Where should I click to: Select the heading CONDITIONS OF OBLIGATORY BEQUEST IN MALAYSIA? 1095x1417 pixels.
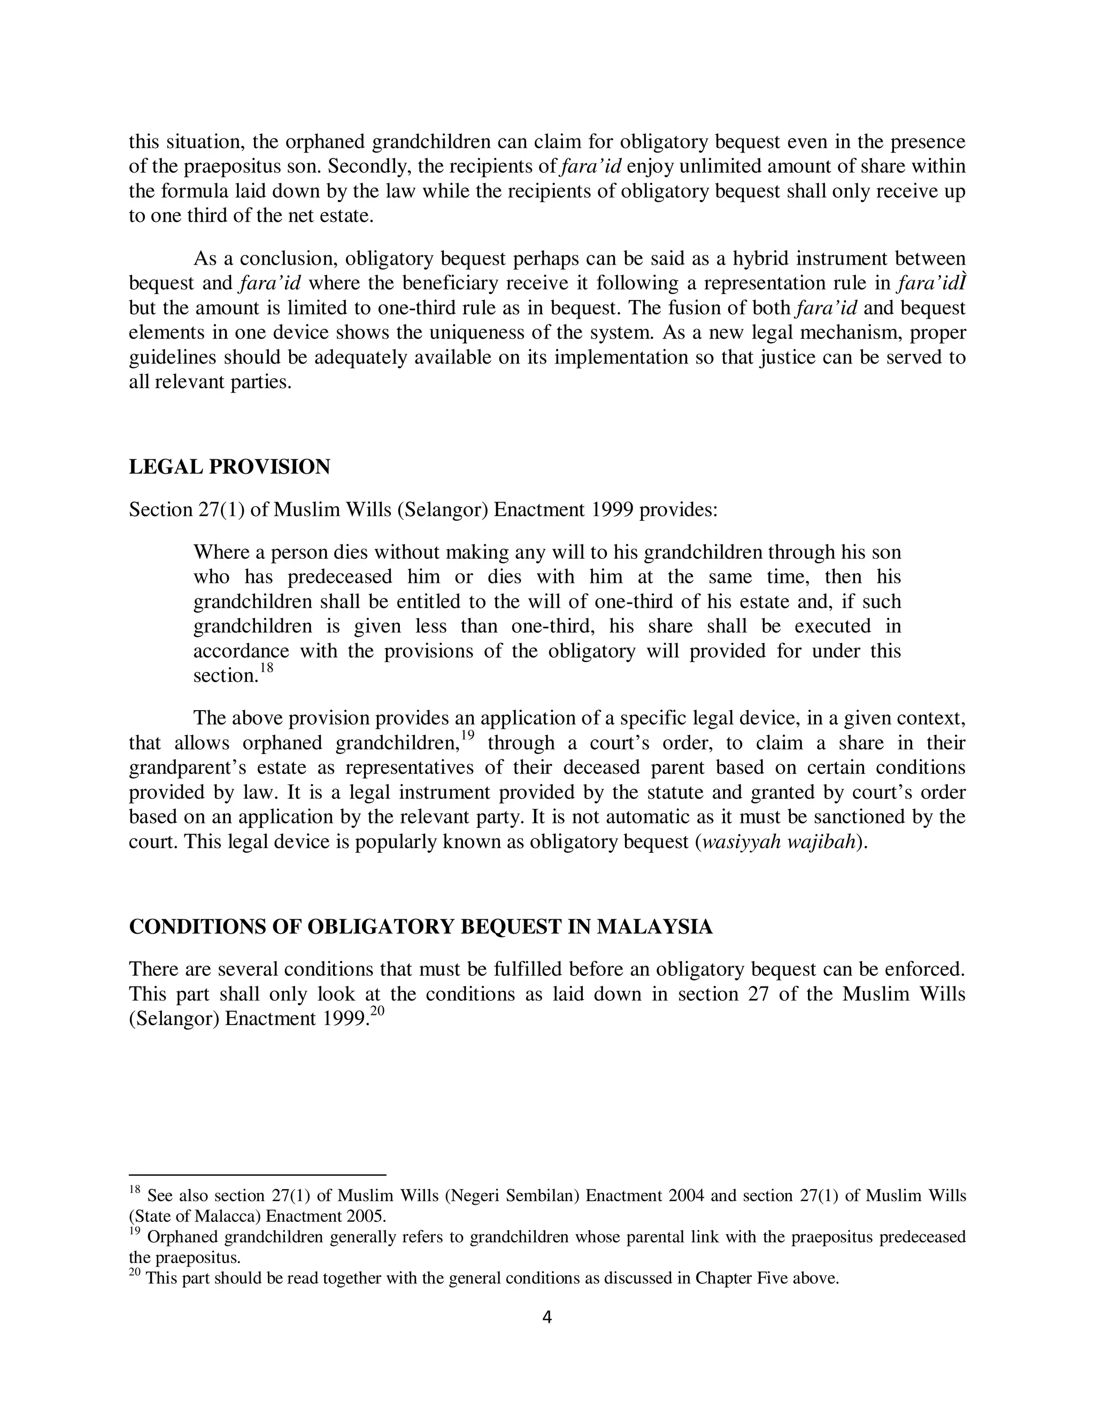point(420,927)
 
